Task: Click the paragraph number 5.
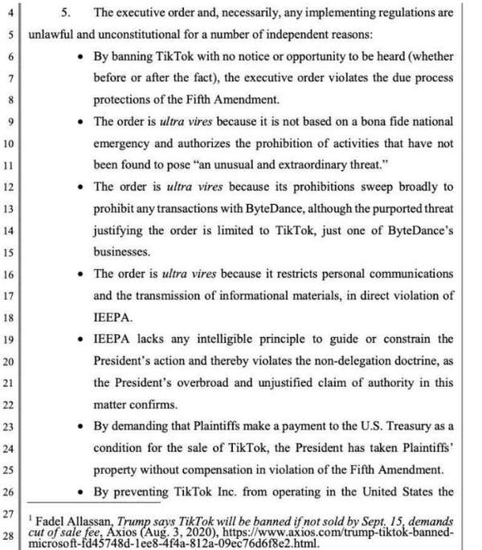66,13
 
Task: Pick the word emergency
123,145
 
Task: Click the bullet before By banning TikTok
84,57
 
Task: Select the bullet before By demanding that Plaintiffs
84,426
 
